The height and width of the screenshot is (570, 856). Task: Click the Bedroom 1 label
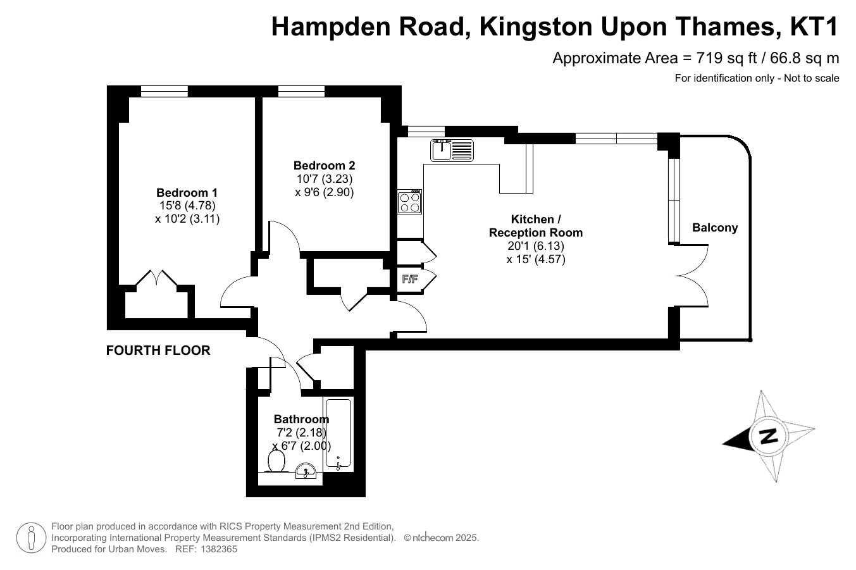tap(187, 192)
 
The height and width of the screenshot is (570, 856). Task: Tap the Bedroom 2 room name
tap(324, 165)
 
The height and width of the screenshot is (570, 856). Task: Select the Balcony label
tap(715, 228)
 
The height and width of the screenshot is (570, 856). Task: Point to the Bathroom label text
tap(301, 419)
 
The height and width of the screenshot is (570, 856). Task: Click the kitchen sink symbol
tap(452, 150)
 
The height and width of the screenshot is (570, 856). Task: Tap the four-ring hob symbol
tap(409, 202)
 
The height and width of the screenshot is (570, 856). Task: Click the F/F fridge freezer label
tap(410, 279)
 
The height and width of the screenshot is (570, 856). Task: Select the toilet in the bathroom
tap(276, 461)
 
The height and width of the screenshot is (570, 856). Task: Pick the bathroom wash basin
tap(306, 471)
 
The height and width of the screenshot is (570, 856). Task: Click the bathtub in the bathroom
tap(338, 434)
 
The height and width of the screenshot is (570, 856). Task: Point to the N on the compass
tap(767, 436)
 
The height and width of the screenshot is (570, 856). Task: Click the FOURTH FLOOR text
tap(158, 350)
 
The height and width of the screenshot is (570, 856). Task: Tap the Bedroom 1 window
tap(164, 91)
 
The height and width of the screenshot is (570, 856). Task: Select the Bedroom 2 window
tap(301, 91)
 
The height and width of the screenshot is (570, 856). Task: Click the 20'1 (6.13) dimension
tap(536, 245)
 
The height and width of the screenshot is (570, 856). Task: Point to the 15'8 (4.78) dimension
tap(187, 206)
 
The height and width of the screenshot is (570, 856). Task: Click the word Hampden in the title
tap(331, 27)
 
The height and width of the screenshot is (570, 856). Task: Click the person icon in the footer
tap(32, 538)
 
